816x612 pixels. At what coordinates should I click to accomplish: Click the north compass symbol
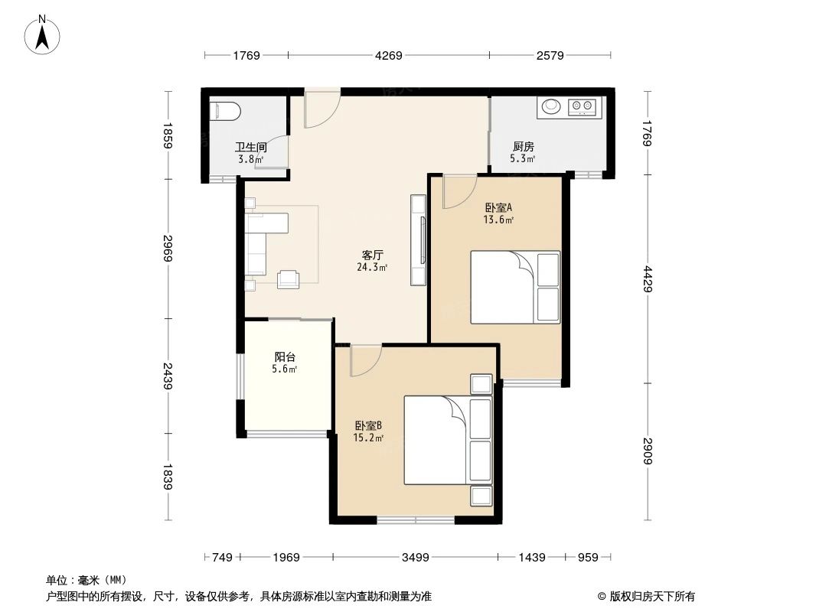pos(43,34)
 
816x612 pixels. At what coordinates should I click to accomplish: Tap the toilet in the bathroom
pos(226,112)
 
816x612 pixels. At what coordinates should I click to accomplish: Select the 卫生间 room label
pos(250,148)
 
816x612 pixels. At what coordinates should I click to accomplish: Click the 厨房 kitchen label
pos(523,147)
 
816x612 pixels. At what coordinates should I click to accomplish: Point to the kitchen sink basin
pos(550,107)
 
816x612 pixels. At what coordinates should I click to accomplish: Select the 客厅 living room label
pos(372,256)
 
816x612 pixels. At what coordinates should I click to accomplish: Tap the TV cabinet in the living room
pos(418,240)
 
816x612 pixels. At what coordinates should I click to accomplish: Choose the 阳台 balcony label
pos(285,356)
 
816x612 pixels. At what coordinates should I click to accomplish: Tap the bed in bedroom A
pos(514,287)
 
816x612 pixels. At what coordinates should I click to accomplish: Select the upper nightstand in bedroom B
pos(481,384)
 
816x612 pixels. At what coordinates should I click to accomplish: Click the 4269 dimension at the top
pos(388,55)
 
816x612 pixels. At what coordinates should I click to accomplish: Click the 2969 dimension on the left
pos(168,249)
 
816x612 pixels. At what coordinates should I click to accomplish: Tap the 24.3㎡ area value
pos(371,268)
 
